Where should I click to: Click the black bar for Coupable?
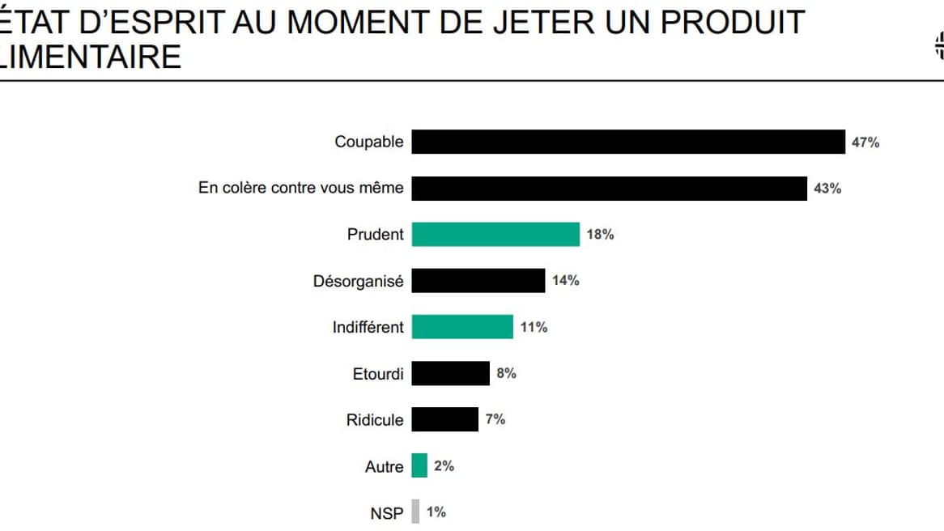point(628,142)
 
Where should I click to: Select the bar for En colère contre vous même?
point(609,188)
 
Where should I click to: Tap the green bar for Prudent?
point(495,234)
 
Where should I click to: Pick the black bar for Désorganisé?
point(478,281)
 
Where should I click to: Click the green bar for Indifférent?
point(462,327)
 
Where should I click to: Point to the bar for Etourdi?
point(450,373)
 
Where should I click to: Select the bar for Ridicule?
point(444,419)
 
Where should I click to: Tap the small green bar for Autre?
point(419,465)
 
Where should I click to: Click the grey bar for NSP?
point(415,512)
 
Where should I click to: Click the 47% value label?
point(865,142)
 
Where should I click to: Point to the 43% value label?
point(827,189)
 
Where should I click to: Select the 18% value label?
point(600,235)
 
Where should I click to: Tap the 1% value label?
point(436,512)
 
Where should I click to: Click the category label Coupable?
point(368,142)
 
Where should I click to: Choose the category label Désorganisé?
point(358,281)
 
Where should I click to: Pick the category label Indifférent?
point(368,327)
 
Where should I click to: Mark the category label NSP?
point(386,512)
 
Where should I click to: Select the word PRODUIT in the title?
point(733,22)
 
